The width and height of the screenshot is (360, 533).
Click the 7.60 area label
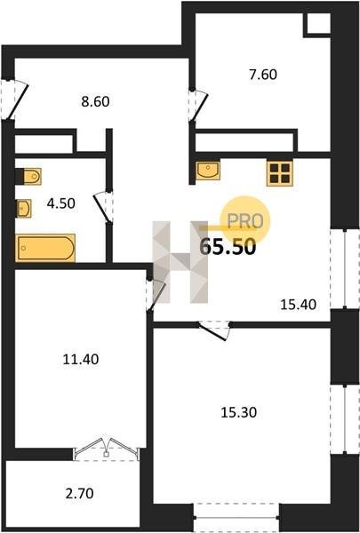pos(263,75)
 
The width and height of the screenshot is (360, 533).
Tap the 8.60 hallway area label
pos(95,101)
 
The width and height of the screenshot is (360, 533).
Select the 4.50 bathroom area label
pos(61,203)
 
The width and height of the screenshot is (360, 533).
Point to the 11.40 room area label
pos(81,359)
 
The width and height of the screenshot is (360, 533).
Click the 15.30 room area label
pos(239,412)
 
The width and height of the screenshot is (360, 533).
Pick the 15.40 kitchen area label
pos(299,305)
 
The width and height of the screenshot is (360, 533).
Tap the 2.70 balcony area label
pos(79,493)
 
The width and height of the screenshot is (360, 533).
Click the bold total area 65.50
pos(228,247)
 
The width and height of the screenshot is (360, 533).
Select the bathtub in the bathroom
pos(45,248)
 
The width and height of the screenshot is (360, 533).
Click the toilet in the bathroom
pos(32,177)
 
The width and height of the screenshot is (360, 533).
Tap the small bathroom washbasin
pos(24,209)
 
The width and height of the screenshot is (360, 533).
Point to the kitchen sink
pos(208,171)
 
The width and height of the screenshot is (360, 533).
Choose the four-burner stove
pos(280,173)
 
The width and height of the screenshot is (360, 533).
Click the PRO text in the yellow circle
pos(245,221)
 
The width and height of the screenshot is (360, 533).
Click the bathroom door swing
pos(104,206)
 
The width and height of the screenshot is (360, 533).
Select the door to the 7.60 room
pos(199,105)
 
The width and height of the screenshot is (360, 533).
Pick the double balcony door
pos(106,449)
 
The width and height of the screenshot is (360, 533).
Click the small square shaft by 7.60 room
pos(318,24)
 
